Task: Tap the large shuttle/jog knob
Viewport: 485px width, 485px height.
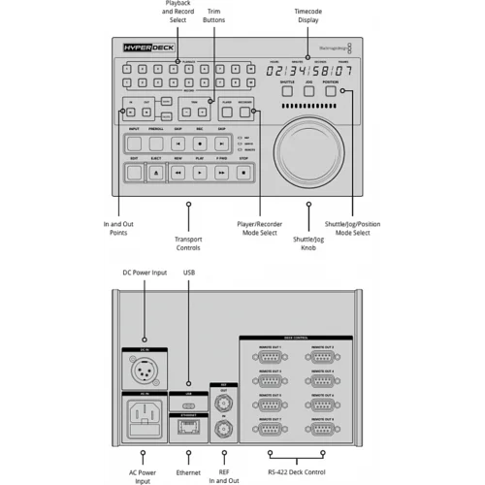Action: (x=309, y=151)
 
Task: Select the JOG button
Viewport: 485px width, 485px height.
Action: (x=309, y=93)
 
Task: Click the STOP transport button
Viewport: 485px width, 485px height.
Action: (x=243, y=172)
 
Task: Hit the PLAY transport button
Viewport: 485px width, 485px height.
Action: (x=200, y=172)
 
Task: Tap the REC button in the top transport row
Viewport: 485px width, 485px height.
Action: (x=200, y=144)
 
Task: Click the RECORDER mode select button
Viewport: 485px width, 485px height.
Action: (x=246, y=113)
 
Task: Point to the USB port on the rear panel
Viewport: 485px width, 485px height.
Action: (x=191, y=402)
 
